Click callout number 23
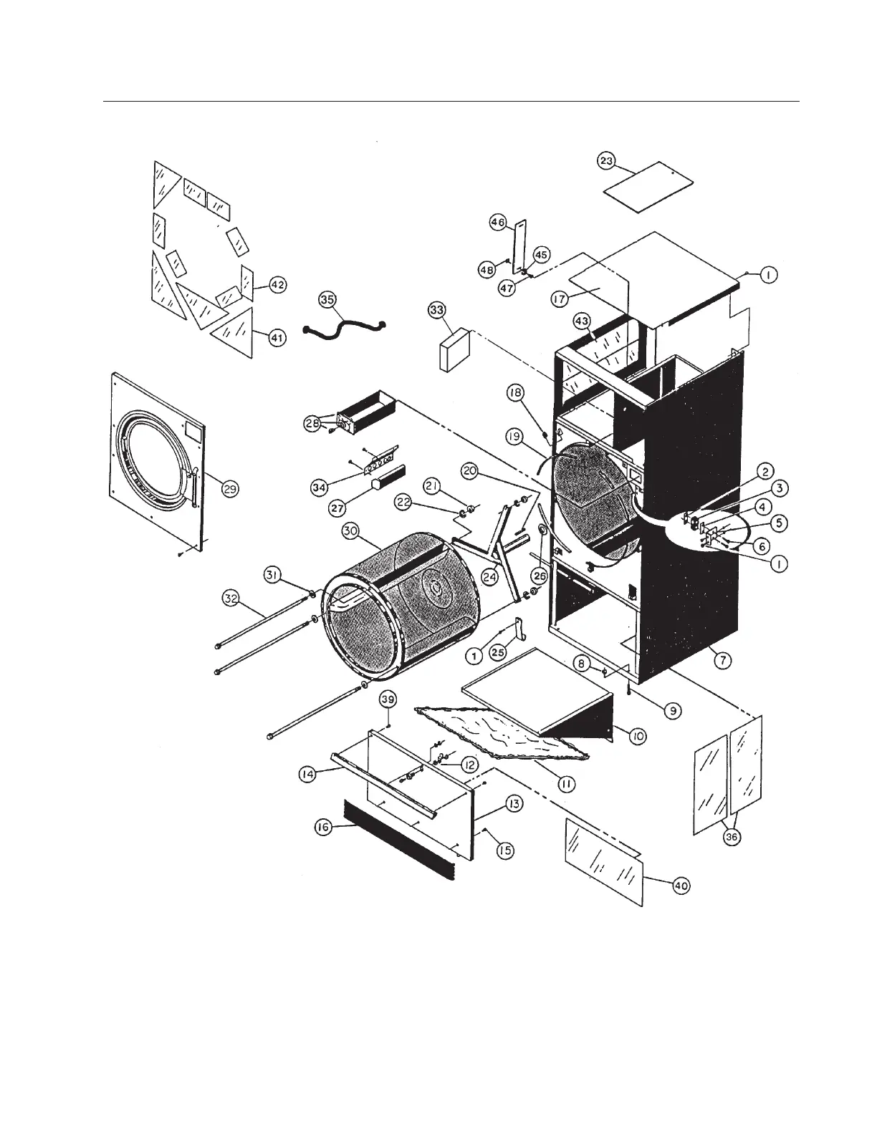pyautogui.click(x=606, y=161)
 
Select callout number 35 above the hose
pyautogui.click(x=327, y=300)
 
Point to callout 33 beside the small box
pyautogui.click(x=436, y=309)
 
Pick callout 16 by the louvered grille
pyautogui.click(x=322, y=827)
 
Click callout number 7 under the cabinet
pyautogui.click(x=722, y=661)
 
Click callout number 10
pyautogui.click(x=637, y=735)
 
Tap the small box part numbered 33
pyautogui.click(x=454, y=350)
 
